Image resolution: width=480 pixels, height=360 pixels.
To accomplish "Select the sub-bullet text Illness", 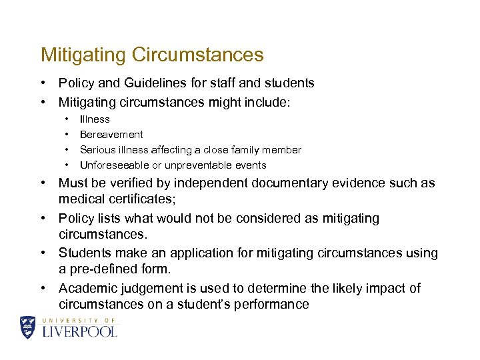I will click(95, 119).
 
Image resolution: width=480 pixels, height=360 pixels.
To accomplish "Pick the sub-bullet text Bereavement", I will click(111, 135).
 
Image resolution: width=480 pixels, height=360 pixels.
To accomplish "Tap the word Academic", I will click(86, 289).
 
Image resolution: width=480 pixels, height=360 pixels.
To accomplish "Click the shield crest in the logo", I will click(28, 327).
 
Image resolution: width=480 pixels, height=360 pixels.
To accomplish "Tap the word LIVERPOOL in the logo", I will click(79, 331).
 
